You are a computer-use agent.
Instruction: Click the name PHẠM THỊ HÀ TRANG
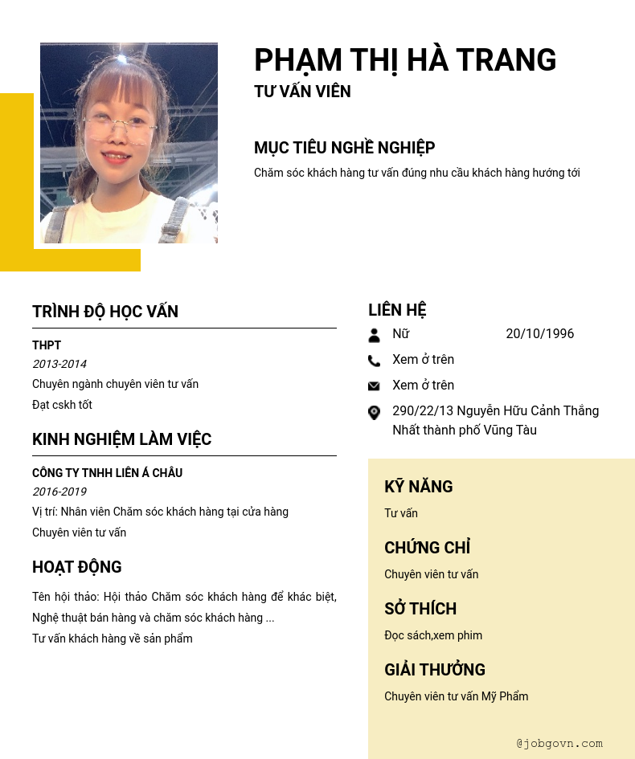pyautogui.click(x=405, y=60)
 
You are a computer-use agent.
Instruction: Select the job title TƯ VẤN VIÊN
pyautogui.click(x=302, y=92)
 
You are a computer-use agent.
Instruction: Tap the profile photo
pyautogui.click(x=129, y=143)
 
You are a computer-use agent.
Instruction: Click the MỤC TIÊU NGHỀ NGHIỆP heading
pyautogui.click(x=344, y=148)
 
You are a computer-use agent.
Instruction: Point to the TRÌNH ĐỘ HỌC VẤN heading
pyautogui.click(x=105, y=312)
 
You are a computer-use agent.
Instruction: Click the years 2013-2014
pyautogui.click(x=59, y=364)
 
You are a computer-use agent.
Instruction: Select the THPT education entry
pyautogui.click(x=47, y=345)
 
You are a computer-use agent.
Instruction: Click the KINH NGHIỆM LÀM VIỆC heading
pyautogui.click(x=121, y=439)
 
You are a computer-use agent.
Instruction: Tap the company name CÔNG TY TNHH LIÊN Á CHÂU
pyautogui.click(x=107, y=473)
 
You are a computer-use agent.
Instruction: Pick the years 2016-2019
pyautogui.click(x=59, y=492)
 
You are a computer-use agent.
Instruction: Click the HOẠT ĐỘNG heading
pyautogui.click(x=77, y=567)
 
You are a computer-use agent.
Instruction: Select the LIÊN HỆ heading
pyautogui.click(x=397, y=310)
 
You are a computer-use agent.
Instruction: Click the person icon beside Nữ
pyautogui.click(x=374, y=335)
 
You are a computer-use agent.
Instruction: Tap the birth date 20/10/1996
pyautogui.click(x=539, y=334)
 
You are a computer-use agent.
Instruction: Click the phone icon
pyautogui.click(x=374, y=361)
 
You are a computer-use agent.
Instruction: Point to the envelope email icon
pyautogui.click(x=374, y=386)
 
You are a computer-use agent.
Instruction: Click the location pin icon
pyautogui.click(x=374, y=413)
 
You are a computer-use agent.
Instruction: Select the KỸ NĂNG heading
pyautogui.click(x=418, y=487)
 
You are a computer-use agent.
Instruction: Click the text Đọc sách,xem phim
pyautogui.click(x=433, y=635)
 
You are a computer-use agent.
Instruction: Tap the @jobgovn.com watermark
pyautogui.click(x=559, y=744)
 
